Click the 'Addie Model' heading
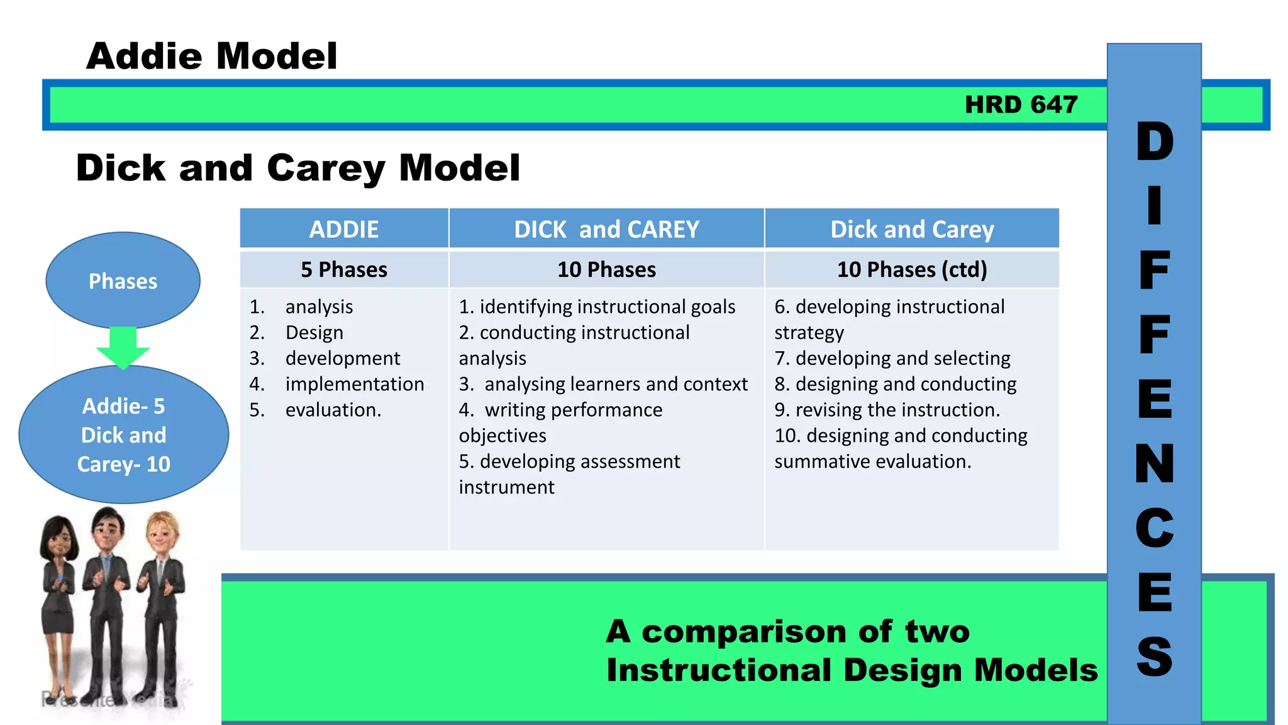point(212,56)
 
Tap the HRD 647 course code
point(1021,104)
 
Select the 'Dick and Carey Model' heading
point(297,168)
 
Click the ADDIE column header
point(343,229)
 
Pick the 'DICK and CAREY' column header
point(606,229)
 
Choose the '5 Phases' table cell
point(343,269)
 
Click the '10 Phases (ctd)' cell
point(911,269)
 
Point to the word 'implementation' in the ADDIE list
point(354,384)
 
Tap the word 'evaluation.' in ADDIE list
point(333,410)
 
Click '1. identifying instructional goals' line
point(596,306)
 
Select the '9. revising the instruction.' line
point(887,410)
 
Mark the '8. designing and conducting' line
point(895,384)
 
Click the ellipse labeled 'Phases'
point(123,281)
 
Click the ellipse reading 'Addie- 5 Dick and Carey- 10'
point(123,435)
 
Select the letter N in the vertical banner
point(1154,463)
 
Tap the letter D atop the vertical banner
point(1154,142)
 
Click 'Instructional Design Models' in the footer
point(852,670)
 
